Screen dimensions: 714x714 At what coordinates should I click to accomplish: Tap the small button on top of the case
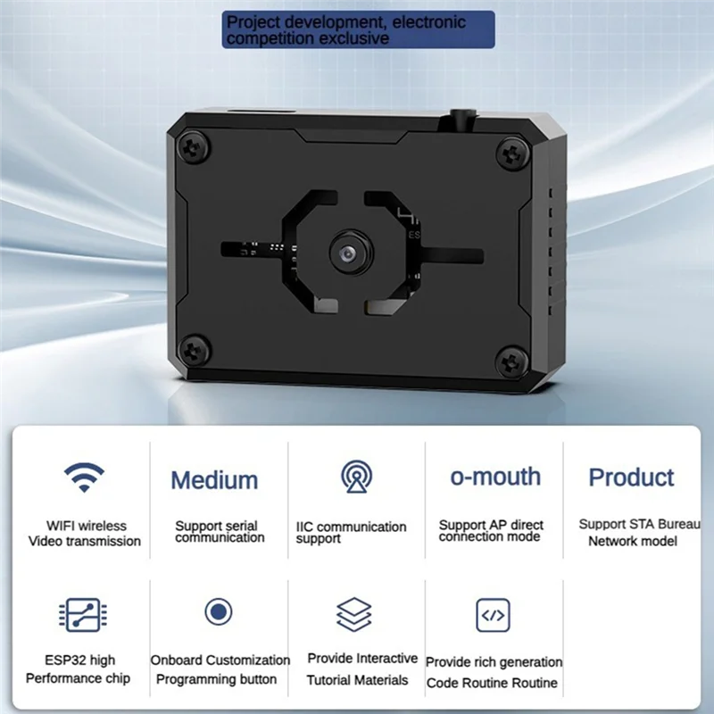(x=462, y=117)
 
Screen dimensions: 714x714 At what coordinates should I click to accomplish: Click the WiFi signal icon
(x=84, y=478)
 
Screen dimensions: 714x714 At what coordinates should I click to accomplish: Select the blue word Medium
(x=214, y=480)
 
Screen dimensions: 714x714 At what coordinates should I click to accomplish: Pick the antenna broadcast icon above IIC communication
(x=356, y=477)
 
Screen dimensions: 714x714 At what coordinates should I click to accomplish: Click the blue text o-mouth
(x=495, y=477)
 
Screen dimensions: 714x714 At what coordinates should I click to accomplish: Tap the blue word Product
(x=632, y=477)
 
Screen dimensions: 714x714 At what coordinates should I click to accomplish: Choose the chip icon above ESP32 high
(x=83, y=615)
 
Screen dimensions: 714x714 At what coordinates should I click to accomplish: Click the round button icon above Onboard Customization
(x=219, y=612)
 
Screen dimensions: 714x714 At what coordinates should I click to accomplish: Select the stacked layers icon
(x=354, y=615)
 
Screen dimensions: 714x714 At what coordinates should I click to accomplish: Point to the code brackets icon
(x=493, y=615)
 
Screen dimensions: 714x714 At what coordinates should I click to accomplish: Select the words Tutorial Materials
(x=357, y=680)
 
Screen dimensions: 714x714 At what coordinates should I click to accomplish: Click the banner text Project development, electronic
(x=345, y=22)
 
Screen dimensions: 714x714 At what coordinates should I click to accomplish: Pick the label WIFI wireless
(x=87, y=526)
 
